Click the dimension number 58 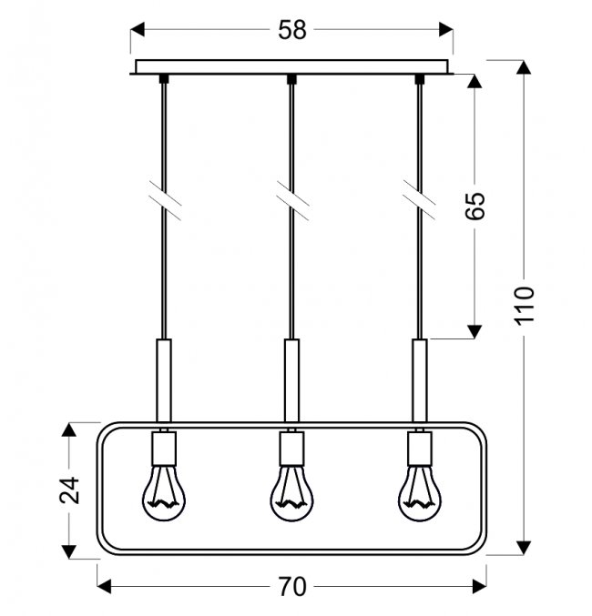tap(291, 30)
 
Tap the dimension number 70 tap(291, 586)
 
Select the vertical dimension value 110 tap(525, 306)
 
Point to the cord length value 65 tap(475, 206)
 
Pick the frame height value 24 tap(69, 490)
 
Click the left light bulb tap(164, 492)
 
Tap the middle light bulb tap(291, 492)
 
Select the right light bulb tap(419, 492)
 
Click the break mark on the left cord tap(165, 200)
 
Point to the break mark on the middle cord tap(292, 200)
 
